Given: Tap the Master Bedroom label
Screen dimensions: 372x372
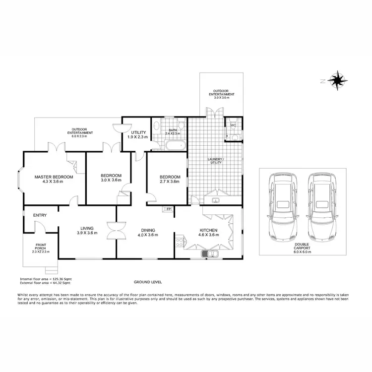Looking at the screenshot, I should click(54, 179).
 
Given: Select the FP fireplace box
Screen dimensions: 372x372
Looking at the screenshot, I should click(169, 209).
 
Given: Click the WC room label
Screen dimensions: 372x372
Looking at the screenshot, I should click(233, 125).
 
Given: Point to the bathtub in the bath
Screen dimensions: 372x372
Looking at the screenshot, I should click(175, 145).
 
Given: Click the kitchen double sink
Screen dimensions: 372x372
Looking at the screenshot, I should click(212, 254).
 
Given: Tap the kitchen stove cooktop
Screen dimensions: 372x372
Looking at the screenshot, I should click(180, 243).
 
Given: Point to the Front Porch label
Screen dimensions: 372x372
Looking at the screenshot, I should click(41, 248).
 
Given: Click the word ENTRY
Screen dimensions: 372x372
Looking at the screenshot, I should click(40, 215).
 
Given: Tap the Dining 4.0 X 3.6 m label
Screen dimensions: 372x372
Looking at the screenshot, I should click(148, 232).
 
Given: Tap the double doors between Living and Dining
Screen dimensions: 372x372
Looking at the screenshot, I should click(117, 231).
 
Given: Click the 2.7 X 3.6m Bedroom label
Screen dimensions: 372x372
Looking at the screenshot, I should click(169, 179).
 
